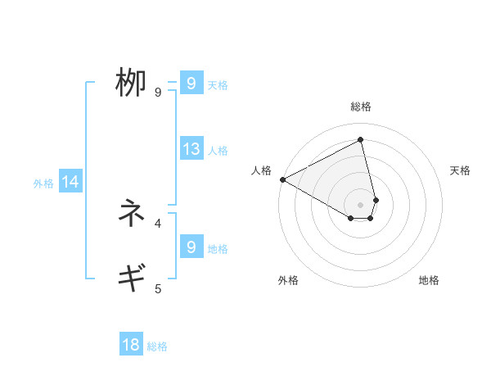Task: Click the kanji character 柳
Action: point(131,84)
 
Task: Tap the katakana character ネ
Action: point(131,214)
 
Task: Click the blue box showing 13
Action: point(191,149)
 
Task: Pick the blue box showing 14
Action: point(70,182)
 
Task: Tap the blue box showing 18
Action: point(131,345)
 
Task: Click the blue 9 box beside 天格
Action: point(191,84)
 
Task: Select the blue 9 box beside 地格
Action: point(191,247)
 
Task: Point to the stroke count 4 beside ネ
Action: point(158,223)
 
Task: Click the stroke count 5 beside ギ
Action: point(158,288)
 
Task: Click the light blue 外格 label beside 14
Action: point(43,183)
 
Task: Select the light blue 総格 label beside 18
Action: point(157,346)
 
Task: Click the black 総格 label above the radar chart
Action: point(360,106)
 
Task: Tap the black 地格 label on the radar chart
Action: point(429,280)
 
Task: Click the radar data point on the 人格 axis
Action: point(282,179)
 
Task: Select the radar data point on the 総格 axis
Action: point(360,139)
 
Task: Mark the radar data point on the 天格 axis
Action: point(376,200)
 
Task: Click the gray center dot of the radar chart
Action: point(360,205)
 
